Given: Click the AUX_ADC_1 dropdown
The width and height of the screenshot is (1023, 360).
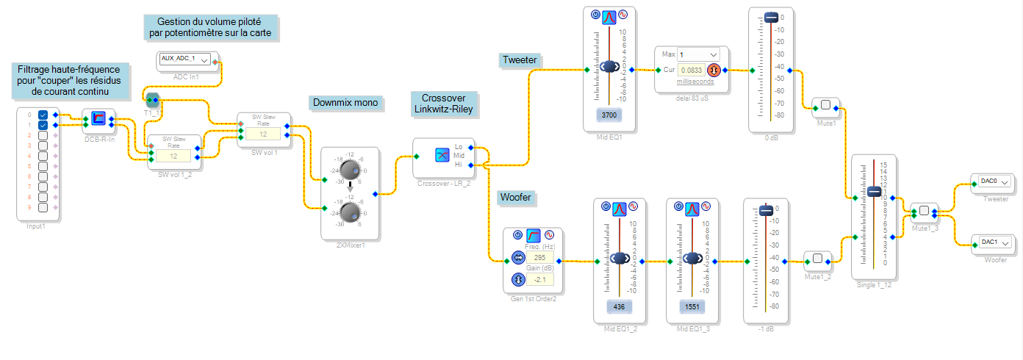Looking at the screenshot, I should coord(184,60).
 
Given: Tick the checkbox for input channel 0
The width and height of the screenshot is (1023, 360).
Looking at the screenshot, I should coord(43,115).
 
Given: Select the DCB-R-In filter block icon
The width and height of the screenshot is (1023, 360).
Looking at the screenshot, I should coord(98,117).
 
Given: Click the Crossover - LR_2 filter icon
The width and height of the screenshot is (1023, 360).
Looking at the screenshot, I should coord(442,154).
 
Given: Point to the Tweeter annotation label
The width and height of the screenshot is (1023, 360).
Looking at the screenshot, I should coord(520,60).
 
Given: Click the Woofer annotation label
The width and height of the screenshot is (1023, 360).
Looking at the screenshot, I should coord(515,197).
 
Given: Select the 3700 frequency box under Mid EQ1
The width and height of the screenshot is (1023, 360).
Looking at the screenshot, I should coord(609,115).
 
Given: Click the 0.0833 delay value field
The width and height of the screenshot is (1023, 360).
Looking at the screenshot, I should coord(691,71).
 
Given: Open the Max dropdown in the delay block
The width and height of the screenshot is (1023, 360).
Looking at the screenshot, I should coord(699,54).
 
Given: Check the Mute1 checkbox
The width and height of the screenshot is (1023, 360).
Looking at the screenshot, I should coord(825,106).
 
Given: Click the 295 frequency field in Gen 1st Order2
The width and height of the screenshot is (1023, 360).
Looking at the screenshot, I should coord(539,258).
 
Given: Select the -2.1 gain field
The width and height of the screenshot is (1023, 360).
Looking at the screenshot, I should coord(539,280).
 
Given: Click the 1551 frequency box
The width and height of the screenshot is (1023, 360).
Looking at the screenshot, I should coord(691,306).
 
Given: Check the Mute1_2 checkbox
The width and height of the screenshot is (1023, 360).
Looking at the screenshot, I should coord(817,259).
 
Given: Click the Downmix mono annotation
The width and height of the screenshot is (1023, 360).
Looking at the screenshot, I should coord(345,103).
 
